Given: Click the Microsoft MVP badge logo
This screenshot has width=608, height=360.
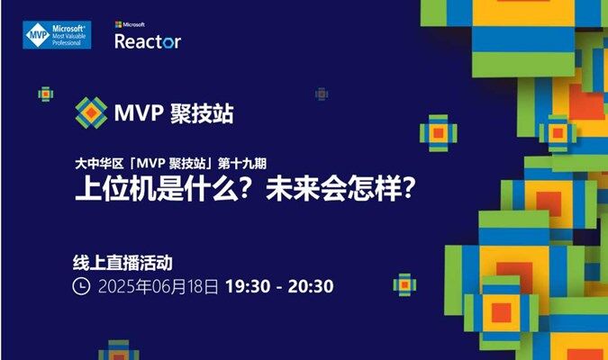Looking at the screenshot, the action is (x=57, y=35).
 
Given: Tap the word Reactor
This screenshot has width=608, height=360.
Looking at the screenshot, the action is (x=148, y=41).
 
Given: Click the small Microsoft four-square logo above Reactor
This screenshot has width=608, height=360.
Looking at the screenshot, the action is (x=118, y=25).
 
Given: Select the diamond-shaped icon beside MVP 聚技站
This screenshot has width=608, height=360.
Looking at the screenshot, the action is (x=91, y=112).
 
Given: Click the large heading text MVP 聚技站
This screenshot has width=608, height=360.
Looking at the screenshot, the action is (x=174, y=113).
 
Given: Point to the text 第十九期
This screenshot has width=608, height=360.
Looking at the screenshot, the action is (x=242, y=164).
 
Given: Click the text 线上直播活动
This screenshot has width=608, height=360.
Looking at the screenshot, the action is (x=123, y=263).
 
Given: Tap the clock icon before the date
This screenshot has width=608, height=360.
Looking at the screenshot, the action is (x=81, y=286).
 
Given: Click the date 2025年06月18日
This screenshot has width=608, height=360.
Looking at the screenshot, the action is (x=159, y=287).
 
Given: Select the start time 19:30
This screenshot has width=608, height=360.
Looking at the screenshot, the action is (x=248, y=286).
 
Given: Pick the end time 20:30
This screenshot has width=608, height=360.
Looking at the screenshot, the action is (x=311, y=286).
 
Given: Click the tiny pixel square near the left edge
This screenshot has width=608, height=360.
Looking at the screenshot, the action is (x=46, y=94).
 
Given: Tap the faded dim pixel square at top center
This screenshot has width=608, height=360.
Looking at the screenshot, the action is (x=322, y=94).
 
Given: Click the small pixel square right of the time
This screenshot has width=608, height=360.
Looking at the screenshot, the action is (x=404, y=284).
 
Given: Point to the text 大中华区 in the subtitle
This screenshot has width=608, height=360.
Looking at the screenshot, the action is (x=99, y=164).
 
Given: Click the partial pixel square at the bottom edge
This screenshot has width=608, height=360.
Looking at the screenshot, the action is (x=119, y=350).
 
